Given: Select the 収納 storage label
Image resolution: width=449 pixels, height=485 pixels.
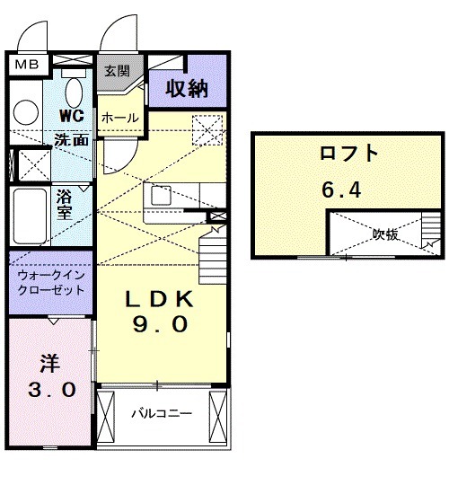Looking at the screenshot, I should [186, 89].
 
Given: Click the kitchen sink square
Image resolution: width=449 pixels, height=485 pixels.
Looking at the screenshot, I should [161, 195].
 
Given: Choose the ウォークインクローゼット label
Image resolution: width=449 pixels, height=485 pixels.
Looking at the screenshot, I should [50, 283].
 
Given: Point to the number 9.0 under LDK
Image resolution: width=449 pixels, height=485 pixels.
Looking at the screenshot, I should [161, 325].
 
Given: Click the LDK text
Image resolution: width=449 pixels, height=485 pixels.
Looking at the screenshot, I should [161, 298].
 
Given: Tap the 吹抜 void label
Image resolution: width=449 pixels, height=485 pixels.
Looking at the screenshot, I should [385, 234].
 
